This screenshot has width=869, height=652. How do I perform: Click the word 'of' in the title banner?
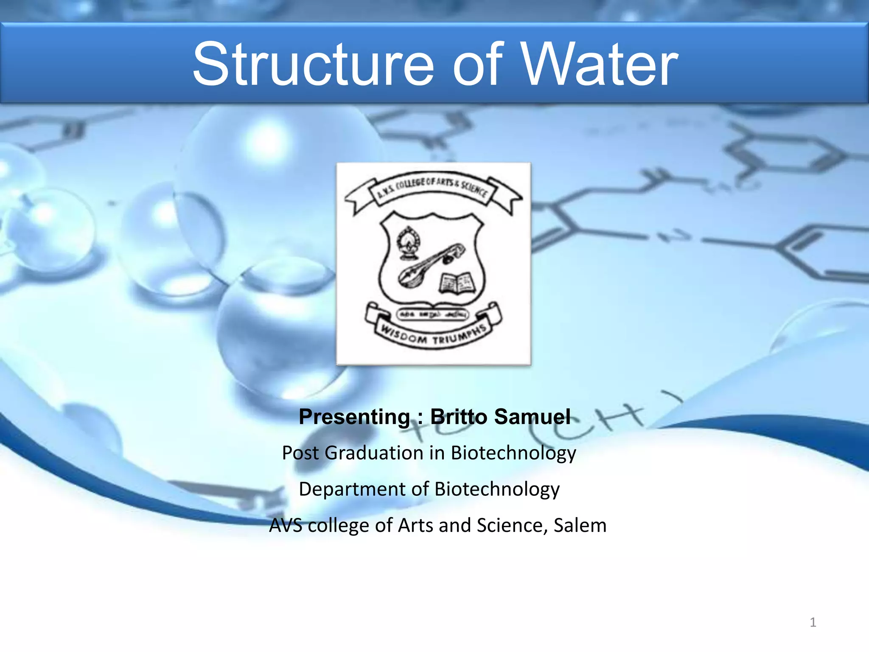(x=477, y=65)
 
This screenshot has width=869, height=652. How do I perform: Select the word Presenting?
(x=354, y=417)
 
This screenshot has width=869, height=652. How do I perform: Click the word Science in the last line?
(x=507, y=526)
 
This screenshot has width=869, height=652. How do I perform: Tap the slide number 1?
(x=813, y=622)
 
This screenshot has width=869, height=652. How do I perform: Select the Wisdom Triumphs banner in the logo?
(x=433, y=335)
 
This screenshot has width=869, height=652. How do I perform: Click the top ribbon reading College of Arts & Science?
(x=433, y=189)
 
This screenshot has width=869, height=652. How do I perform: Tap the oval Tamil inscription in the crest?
(x=432, y=314)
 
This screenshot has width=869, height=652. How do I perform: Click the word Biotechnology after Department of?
(x=497, y=489)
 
